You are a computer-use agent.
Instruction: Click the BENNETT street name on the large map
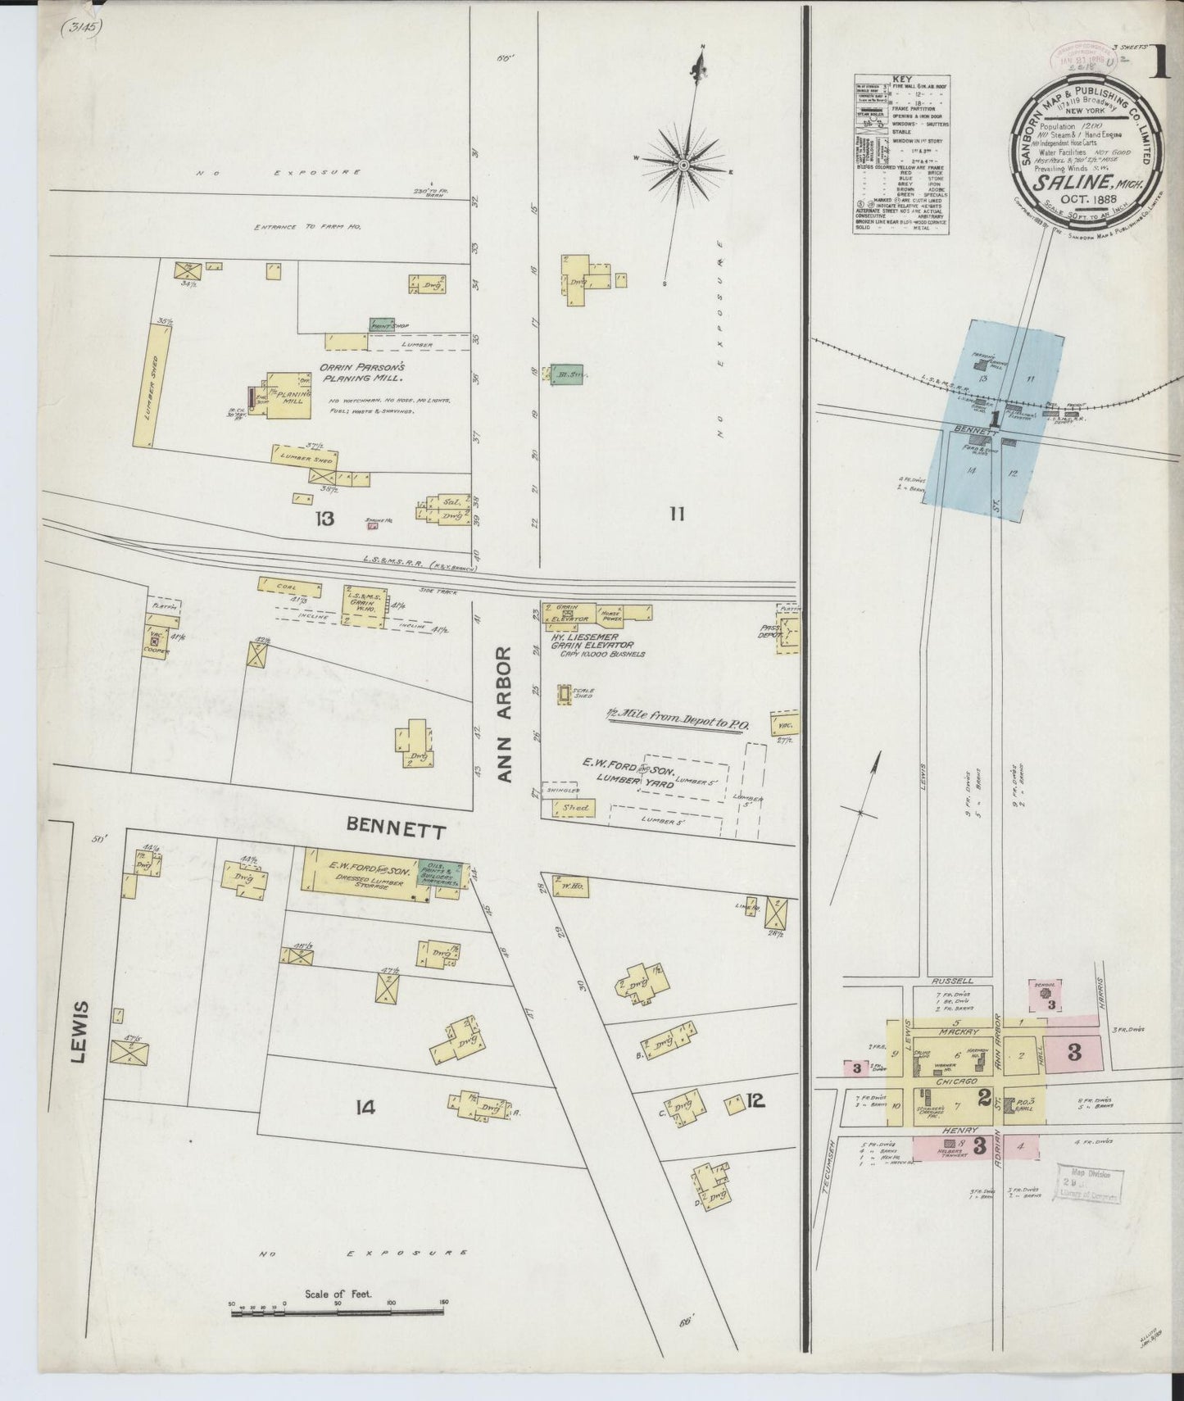pos(397,830)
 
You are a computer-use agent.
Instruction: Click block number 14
pos(365,1107)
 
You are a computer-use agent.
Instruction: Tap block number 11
pos(676,514)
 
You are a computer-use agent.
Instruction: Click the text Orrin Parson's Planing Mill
pos(361,374)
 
